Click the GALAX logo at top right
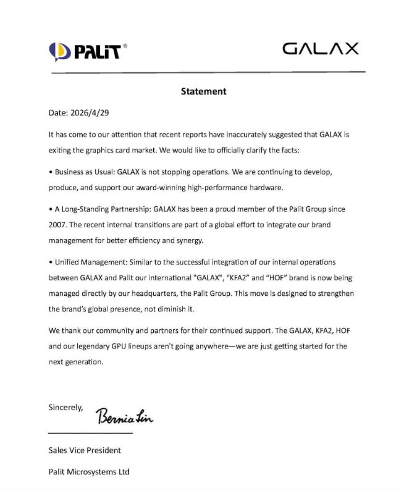(320, 49)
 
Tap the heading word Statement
(203, 91)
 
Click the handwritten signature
(124, 418)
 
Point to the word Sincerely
(65, 407)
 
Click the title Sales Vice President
(85, 450)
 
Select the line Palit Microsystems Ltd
(89, 472)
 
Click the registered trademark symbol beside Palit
(125, 45)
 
